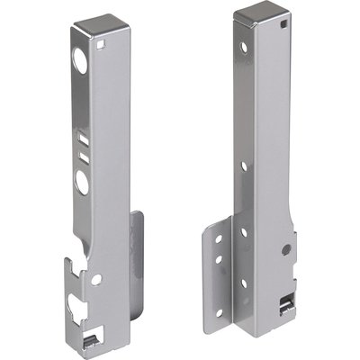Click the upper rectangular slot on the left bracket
pyautogui.click(x=83, y=139)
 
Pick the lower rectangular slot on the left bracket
pyautogui.click(x=83, y=157)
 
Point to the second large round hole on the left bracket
pyautogui.click(x=83, y=183)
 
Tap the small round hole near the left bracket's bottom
pyautogui.click(x=96, y=279)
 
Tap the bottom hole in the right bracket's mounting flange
pyautogui.click(x=220, y=286)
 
